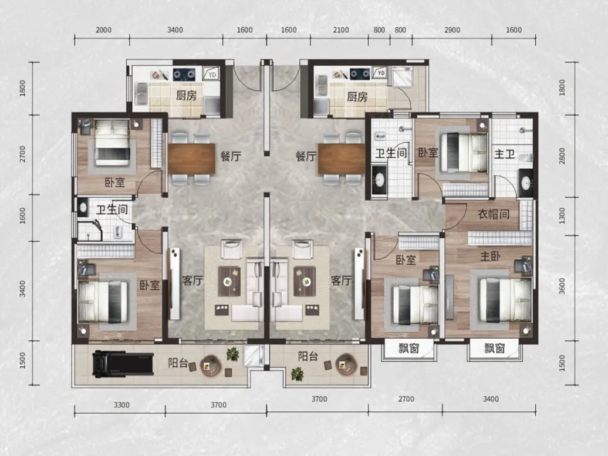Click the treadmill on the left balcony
pyautogui.click(x=123, y=364)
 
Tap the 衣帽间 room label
pyautogui.click(x=493, y=214)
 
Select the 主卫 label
pyautogui.click(x=505, y=154)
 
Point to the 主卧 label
pyautogui.click(x=490, y=256)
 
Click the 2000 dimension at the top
pyautogui.click(x=103, y=30)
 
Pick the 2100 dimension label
pyautogui.click(x=341, y=30)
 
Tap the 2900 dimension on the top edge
pyautogui.click(x=452, y=30)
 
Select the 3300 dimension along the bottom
pyautogui.click(x=121, y=405)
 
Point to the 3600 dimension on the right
pyautogui.click(x=562, y=286)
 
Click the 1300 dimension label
pyautogui.click(x=562, y=215)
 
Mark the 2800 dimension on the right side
pyautogui.click(x=562, y=156)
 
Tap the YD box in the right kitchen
pyautogui.click(x=380, y=73)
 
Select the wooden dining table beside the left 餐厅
pyautogui.click(x=191, y=158)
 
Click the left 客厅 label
pyautogui.click(x=192, y=280)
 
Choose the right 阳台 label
pyautogui.click(x=308, y=356)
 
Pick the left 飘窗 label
pyautogui.click(x=408, y=348)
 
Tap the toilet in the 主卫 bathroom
pyautogui.click(x=526, y=158)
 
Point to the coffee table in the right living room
pyautogui.click(x=305, y=282)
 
